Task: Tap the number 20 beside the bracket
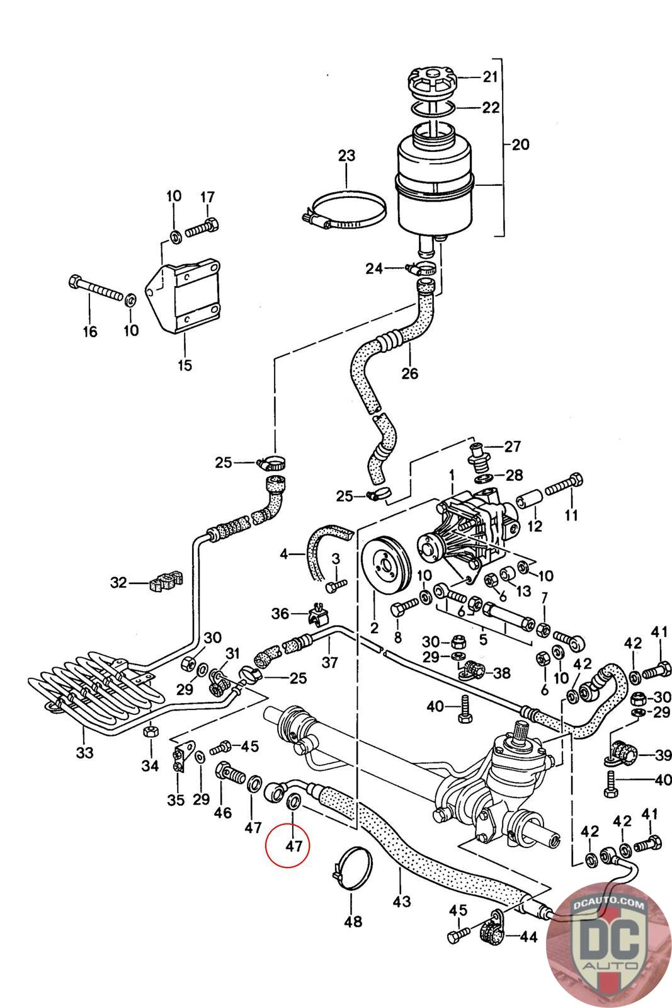520,145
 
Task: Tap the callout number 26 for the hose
409,373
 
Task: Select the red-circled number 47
294,845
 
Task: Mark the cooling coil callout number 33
84,752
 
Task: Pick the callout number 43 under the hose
402,902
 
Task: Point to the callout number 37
330,662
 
